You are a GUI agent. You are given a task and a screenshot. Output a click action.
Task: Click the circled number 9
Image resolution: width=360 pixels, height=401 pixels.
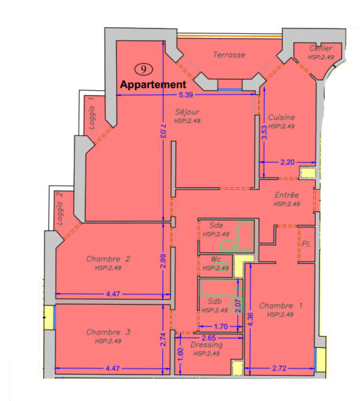pyautogui.click(x=143, y=68)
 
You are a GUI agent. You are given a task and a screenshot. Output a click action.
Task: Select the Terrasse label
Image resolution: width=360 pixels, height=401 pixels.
pyautogui.click(x=229, y=55)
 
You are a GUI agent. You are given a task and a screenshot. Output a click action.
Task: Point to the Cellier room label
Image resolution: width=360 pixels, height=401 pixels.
pyautogui.click(x=320, y=49)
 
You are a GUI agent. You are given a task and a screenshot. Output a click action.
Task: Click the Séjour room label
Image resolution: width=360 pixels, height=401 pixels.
pyautogui.click(x=186, y=113)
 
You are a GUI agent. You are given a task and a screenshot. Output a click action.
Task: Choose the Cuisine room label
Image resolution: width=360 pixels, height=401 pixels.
pyautogui.click(x=281, y=117)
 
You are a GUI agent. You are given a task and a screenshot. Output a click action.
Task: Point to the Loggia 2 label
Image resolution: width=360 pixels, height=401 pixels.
pyautogui.click(x=60, y=208)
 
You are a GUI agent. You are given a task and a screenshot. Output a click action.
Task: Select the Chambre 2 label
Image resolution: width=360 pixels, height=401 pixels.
pyautogui.click(x=108, y=259)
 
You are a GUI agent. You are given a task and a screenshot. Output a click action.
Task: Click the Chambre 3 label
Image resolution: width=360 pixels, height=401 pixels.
pyautogui.click(x=108, y=332)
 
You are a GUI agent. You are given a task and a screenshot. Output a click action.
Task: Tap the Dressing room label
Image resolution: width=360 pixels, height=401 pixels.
pyautogui.click(x=207, y=345)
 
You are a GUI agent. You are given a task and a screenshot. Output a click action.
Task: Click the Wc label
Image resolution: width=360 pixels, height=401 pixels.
pyautogui.click(x=217, y=260)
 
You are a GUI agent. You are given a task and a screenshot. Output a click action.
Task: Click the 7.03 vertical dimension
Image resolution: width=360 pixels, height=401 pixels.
pyautogui.click(x=163, y=127)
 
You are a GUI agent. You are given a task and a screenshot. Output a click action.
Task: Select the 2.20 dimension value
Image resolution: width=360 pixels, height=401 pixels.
pyautogui.click(x=287, y=163)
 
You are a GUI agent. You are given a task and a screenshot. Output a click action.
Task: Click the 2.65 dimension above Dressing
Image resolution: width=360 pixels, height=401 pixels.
pyautogui.click(x=208, y=337)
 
